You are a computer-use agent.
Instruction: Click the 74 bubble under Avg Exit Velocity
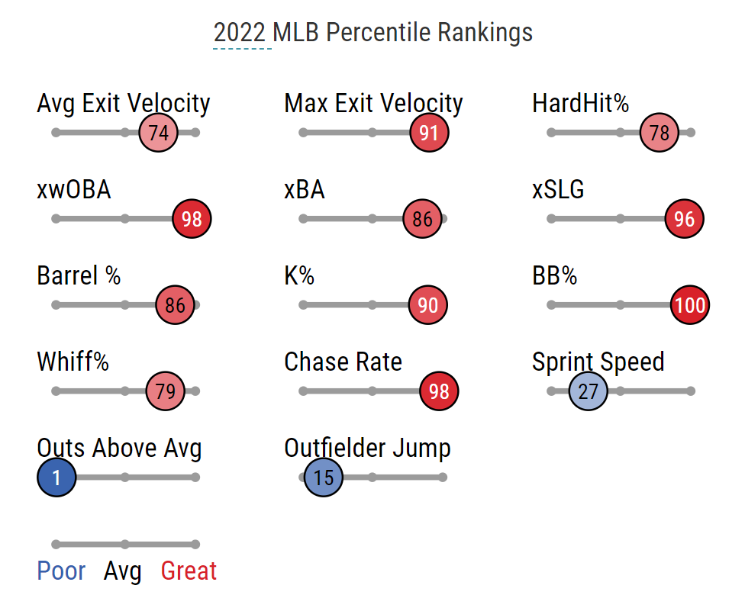[158, 133]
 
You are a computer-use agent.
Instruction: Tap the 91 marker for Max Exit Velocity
[429, 133]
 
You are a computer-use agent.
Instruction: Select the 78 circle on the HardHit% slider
[660, 133]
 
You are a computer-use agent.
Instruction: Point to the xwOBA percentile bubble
[192, 219]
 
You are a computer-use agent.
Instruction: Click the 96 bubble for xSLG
[685, 219]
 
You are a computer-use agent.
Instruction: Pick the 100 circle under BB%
[690, 305]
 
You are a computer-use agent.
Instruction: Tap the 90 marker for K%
[428, 305]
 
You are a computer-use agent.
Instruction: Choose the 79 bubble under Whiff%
[166, 391]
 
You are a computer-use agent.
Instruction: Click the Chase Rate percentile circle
[439, 391]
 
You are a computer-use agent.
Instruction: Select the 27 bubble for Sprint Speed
[589, 391]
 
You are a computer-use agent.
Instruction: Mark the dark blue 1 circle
[56, 478]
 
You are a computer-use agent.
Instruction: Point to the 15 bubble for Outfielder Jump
[324, 478]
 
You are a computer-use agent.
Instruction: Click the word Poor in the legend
[61, 571]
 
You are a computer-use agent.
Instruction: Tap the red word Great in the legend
[189, 571]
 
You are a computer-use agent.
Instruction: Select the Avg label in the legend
[124, 571]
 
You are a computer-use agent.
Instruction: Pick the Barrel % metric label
[79, 275]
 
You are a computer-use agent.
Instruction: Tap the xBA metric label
[305, 189]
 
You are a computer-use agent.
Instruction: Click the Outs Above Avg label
[119, 449]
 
